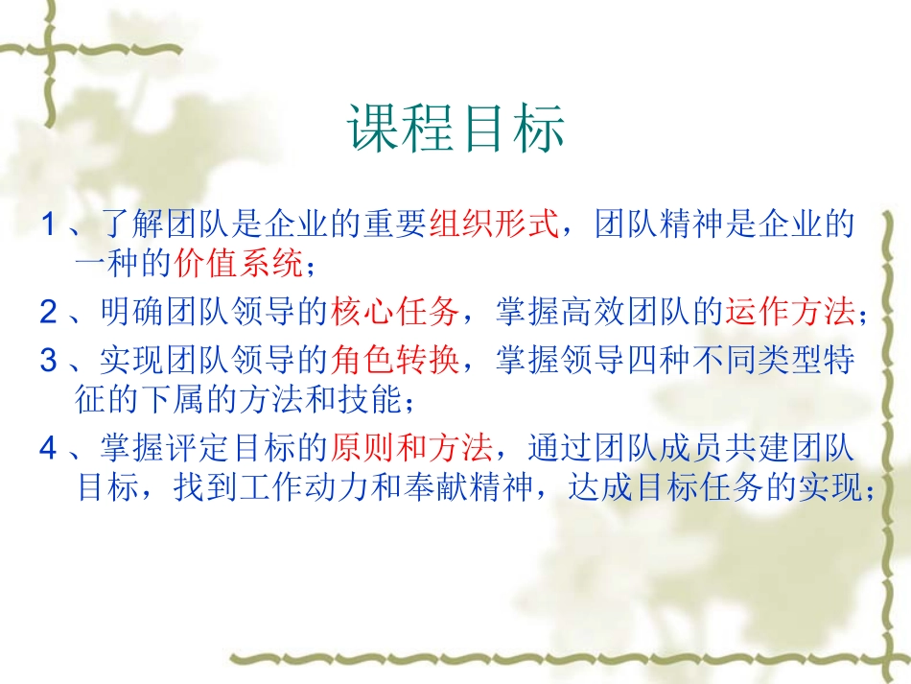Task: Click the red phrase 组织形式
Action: coord(492,225)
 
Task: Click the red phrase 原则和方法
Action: coord(412,448)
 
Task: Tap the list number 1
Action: coord(49,226)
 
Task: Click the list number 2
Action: coord(49,311)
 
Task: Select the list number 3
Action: coord(49,362)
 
